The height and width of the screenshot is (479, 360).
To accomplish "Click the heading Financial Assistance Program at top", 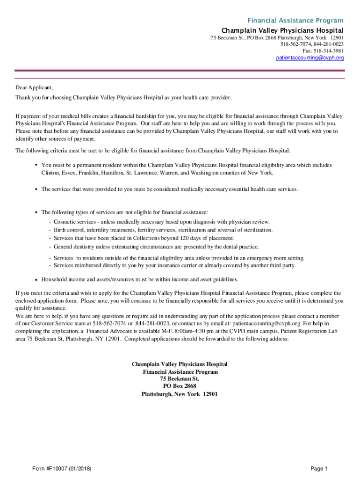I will [x=295, y=21].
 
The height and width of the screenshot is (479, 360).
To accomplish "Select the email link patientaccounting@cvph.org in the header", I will [x=310, y=58].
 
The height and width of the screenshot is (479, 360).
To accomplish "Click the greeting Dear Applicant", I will [x=35, y=87].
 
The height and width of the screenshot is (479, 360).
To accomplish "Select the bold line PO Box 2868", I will [x=180, y=386].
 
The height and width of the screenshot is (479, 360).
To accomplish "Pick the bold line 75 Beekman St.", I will [x=180, y=378].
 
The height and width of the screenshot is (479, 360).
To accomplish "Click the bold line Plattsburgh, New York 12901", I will [x=180, y=394].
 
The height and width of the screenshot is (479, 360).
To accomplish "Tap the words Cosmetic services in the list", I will [x=73, y=221].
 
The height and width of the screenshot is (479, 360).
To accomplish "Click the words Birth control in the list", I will [x=68, y=230].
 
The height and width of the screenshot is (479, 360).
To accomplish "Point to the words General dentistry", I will [x=75, y=247].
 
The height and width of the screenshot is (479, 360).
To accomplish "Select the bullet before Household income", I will [x=36, y=279].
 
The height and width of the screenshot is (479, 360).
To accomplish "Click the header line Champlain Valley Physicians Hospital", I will [x=282, y=30].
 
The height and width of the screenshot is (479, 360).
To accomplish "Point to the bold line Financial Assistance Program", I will [x=180, y=371].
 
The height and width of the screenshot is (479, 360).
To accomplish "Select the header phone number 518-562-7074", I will [x=294, y=44].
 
